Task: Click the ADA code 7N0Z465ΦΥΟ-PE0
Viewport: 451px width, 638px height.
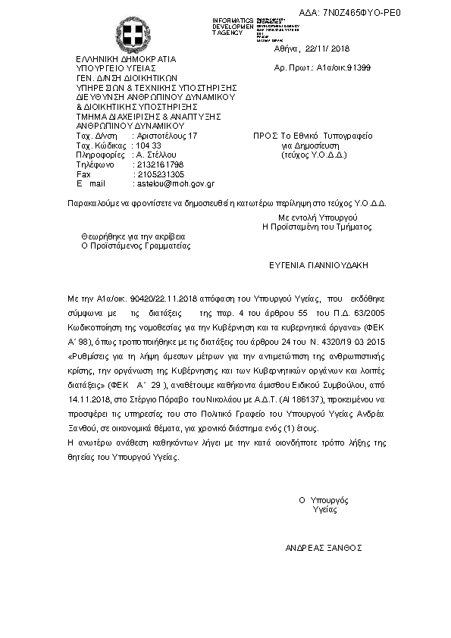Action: tap(362, 13)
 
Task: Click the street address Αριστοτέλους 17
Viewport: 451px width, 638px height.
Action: tap(165, 136)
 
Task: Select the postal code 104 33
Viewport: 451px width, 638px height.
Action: tap(146, 145)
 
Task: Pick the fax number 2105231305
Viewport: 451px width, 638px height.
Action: tap(158, 174)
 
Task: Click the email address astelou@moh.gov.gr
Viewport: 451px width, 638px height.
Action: tap(174, 183)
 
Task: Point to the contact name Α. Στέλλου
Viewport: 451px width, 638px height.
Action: tap(154, 155)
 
